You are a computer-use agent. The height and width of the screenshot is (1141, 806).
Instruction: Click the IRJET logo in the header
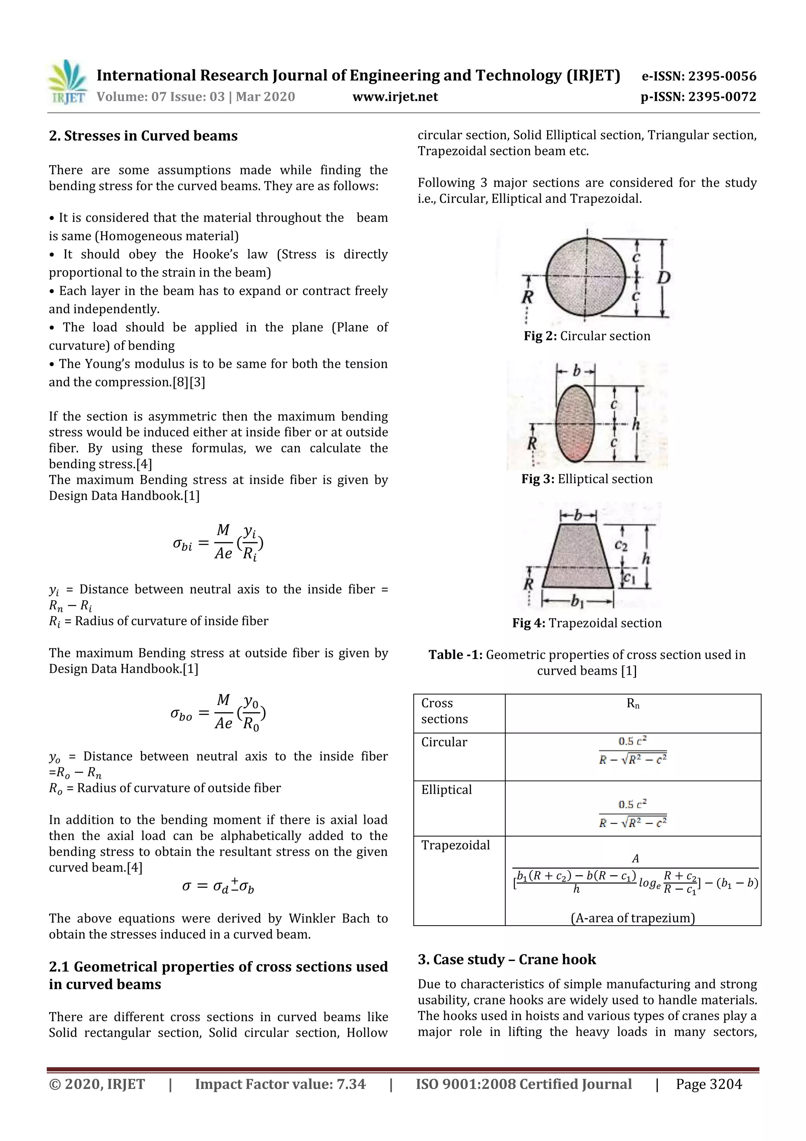[x=68, y=82]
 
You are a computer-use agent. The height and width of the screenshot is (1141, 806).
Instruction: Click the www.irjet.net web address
[x=395, y=97]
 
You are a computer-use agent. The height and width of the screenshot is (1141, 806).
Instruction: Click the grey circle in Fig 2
[x=586, y=277]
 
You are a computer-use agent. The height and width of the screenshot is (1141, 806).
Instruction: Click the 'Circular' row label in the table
[x=444, y=742]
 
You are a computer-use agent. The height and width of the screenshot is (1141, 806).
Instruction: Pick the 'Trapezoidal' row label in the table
[x=455, y=845]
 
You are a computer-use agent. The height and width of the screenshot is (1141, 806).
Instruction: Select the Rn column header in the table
[x=633, y=704]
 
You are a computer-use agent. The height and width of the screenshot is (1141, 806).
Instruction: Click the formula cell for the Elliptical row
[x=633, y=814]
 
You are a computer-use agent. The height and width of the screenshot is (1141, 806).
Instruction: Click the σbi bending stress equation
[x=218, y=543]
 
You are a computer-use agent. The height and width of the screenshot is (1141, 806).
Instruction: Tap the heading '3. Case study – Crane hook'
[x=507, y=959]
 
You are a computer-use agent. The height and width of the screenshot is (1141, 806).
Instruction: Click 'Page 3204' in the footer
[x=709, y=1084]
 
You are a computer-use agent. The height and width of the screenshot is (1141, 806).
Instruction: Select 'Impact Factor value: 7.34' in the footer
[x=280, y=1084]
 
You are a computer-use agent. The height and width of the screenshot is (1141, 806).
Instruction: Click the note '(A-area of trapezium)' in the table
[x=633, y=918]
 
